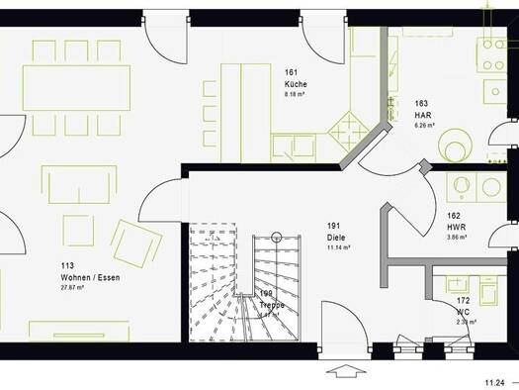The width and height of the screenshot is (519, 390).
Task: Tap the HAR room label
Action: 422,115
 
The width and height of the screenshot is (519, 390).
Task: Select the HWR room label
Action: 456,227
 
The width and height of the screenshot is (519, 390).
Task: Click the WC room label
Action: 463,312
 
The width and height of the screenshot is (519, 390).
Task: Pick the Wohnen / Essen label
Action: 89,277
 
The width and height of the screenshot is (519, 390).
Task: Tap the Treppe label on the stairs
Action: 272,305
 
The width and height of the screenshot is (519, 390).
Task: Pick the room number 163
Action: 422,103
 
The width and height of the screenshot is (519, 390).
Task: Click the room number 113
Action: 68,266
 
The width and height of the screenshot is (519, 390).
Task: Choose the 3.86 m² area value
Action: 458,238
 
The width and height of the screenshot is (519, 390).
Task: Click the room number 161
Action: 292,73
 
